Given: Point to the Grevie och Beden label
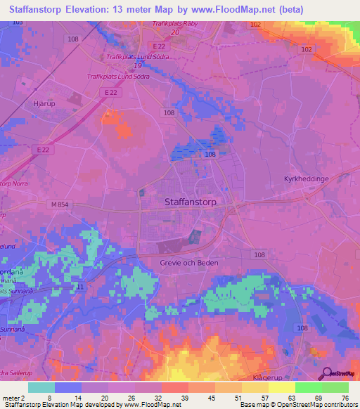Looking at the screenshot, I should click(x=185, y=263).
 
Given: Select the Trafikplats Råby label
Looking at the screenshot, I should click(x=177, y=23).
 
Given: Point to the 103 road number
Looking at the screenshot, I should click(x=17, y=22).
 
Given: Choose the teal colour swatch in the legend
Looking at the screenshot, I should click(x=41, y=387).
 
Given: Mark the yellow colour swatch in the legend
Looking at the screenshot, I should click(x=281, y=387).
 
